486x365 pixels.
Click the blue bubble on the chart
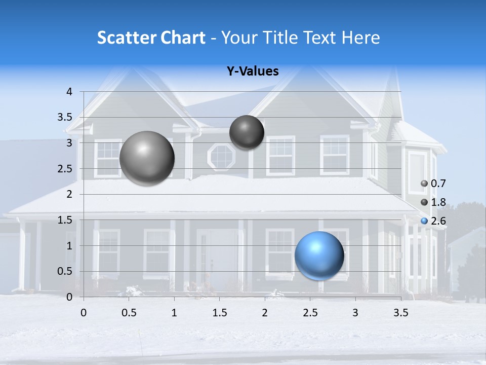(x=319, y=255)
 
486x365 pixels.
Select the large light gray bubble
(x=147, y=158)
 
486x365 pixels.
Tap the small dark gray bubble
(x=247, y=132)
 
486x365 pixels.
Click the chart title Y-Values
(x=253, y=71)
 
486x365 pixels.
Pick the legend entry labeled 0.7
(x=433, y=184)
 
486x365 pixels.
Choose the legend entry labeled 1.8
(x=433, y=202)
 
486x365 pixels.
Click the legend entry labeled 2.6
(x=433, y=221)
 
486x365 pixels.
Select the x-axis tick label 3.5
(x=400, y=313)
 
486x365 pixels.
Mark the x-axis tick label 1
(x=174, y=313)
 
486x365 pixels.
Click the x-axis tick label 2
(x=265, y=313)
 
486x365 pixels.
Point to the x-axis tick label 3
(x=355, y=313)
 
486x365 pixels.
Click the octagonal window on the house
(x=222, y=157)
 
